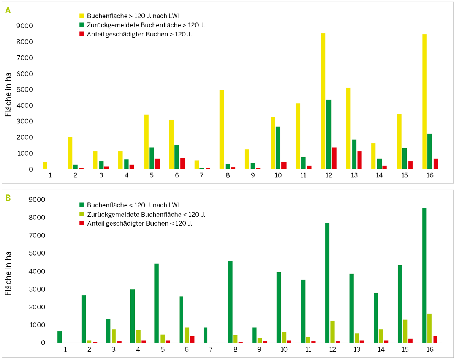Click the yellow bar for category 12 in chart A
[x=323, y=101]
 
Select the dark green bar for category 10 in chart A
[x=278, y=148]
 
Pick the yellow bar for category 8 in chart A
[x=222, y=129]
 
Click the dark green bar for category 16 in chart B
[x=424, y=275]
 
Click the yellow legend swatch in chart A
[x=82, y=16]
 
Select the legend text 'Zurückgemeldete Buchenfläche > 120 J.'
[x=149, y=25]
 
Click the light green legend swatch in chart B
[x=82, y=215]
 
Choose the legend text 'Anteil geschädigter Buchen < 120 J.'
[x=140, y=223]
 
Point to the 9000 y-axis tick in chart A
[x=25, y=26]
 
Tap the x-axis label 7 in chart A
[x=202, y=175]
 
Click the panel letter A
[x=8, y=10]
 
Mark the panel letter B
[x=8, y=198]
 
